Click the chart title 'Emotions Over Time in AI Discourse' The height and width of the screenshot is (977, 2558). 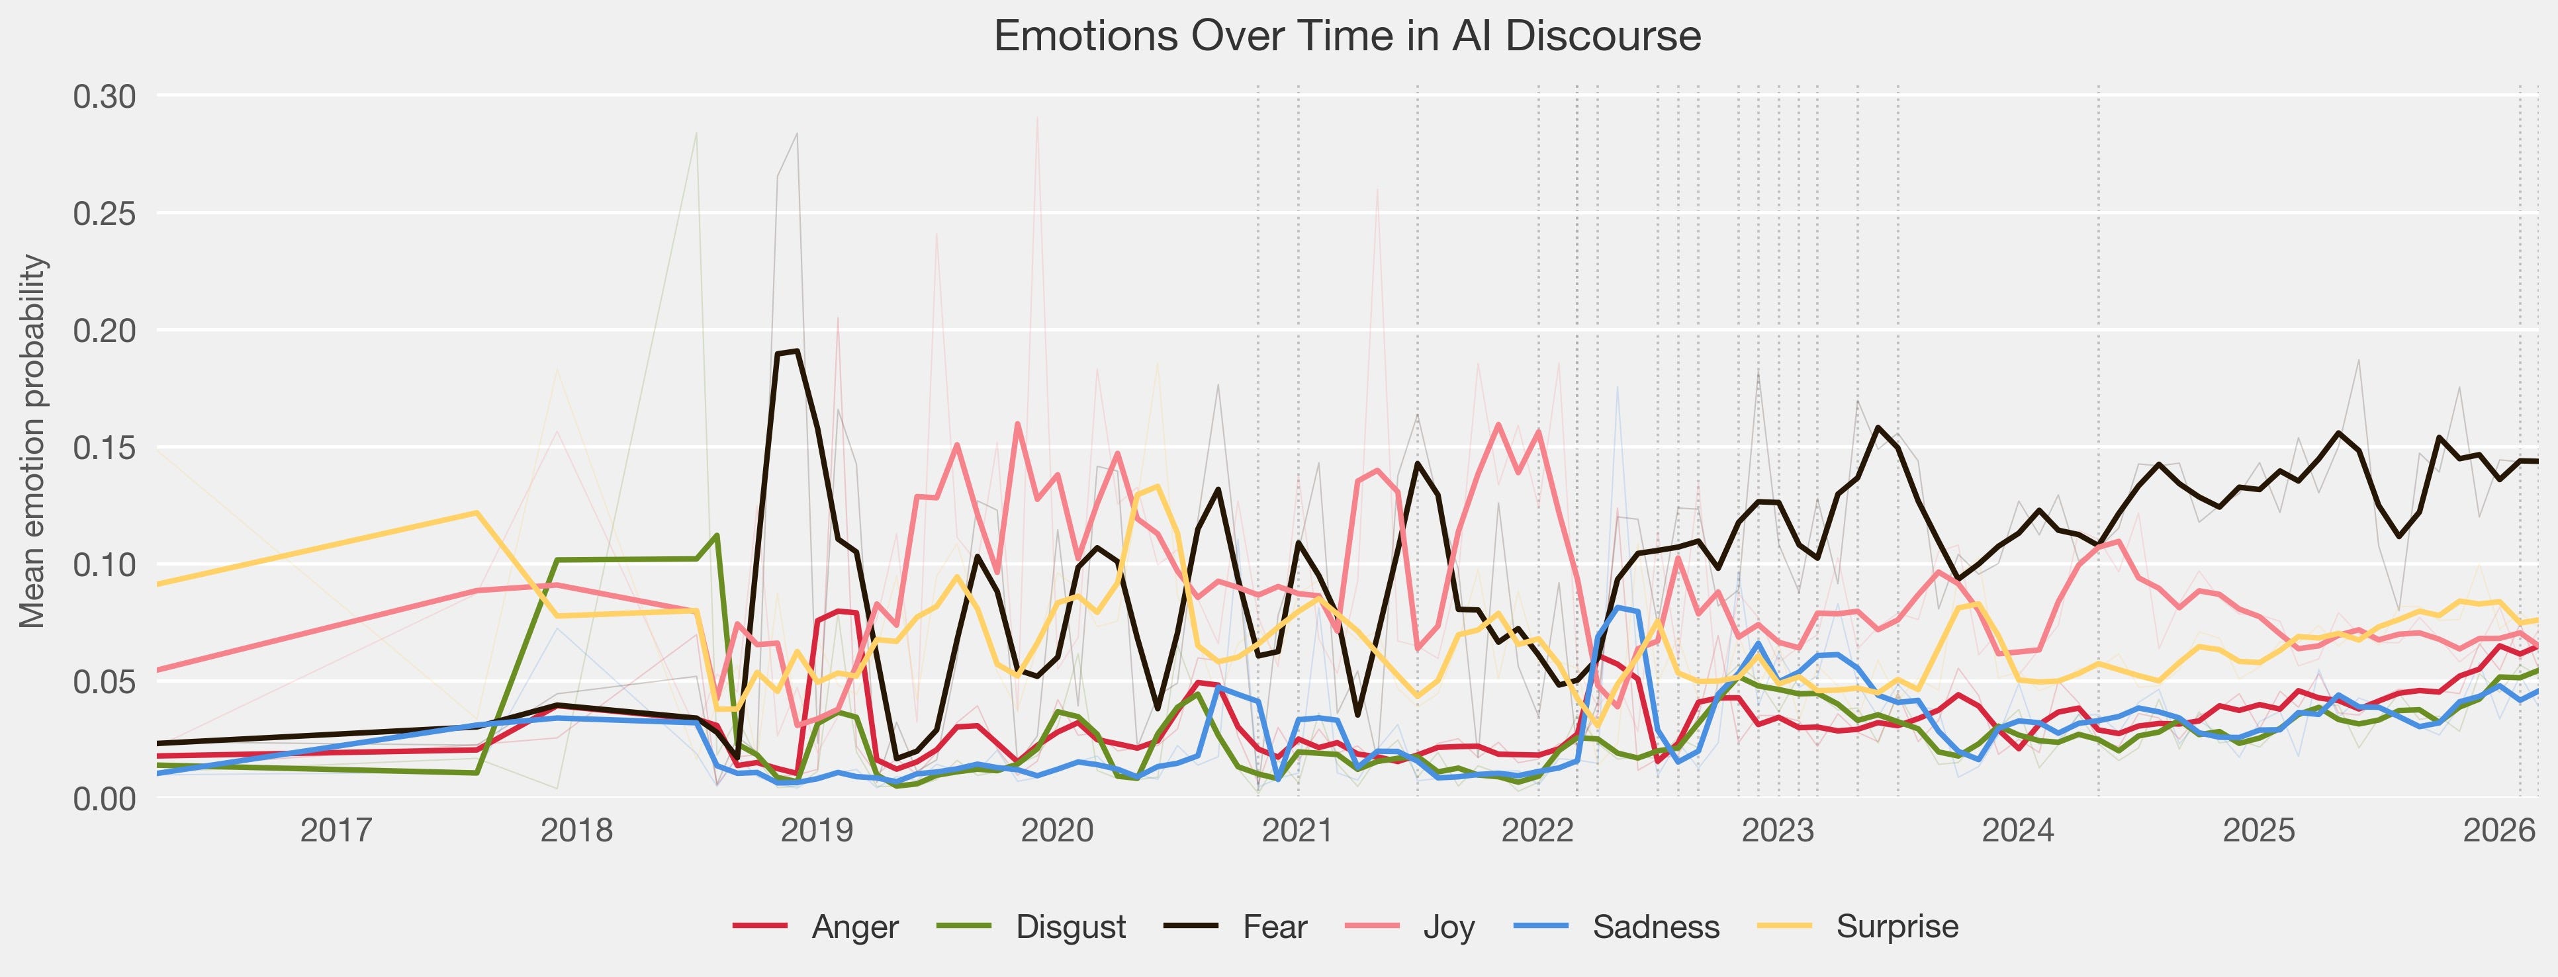[x=1348, y=37]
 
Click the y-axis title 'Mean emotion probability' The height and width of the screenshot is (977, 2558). [x=33, y=441]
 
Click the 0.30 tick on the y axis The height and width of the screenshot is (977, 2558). [x=105, y=97]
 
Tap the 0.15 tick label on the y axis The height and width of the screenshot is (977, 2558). [x=105, y=448]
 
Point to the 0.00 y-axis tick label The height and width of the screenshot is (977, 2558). [x=105, y=798]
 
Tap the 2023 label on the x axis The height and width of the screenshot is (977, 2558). [x=1778, y=830]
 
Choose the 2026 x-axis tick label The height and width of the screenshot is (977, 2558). [x=2498, y=830]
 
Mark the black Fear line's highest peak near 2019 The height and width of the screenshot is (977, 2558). [x=796, y=351]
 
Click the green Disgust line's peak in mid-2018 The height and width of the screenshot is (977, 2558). [x=717, y=535]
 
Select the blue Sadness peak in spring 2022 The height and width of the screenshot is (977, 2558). [x=1618, y=608]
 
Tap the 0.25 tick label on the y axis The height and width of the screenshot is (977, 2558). [x=105, y=214]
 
